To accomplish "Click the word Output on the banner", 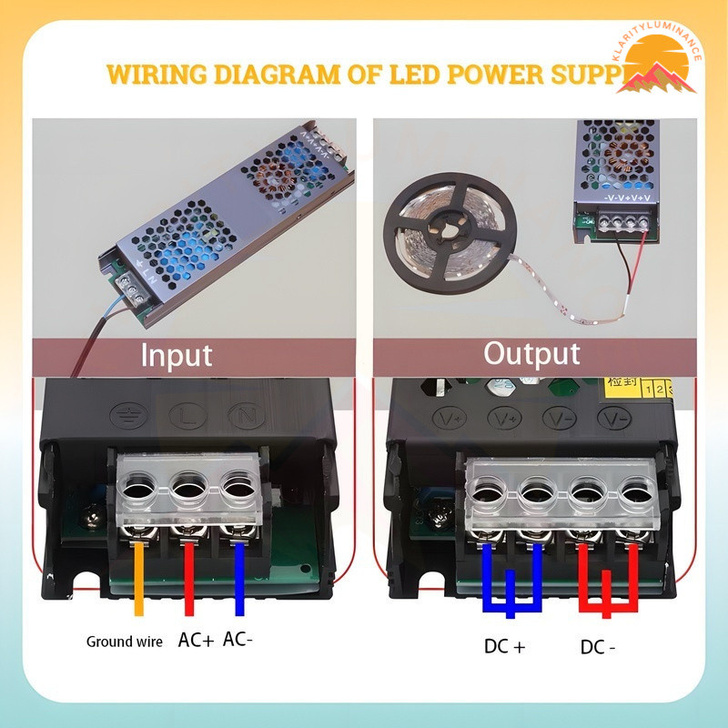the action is pyautogui.click(x=531, y=352).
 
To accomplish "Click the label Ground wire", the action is pyautogui.click(x=125, y=642).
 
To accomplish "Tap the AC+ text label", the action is pyautogui.click(x=196, y=640).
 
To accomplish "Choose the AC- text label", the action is pyautogui.click(x=238, y=640).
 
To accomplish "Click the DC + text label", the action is pyautogui.click(x=504, y=647).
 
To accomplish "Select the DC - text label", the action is pyautogui.click(x=598, y=647).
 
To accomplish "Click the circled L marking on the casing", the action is pyautogui.click(x=184, y=415).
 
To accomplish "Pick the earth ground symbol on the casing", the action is pyautogui.click(x=124, y=416).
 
